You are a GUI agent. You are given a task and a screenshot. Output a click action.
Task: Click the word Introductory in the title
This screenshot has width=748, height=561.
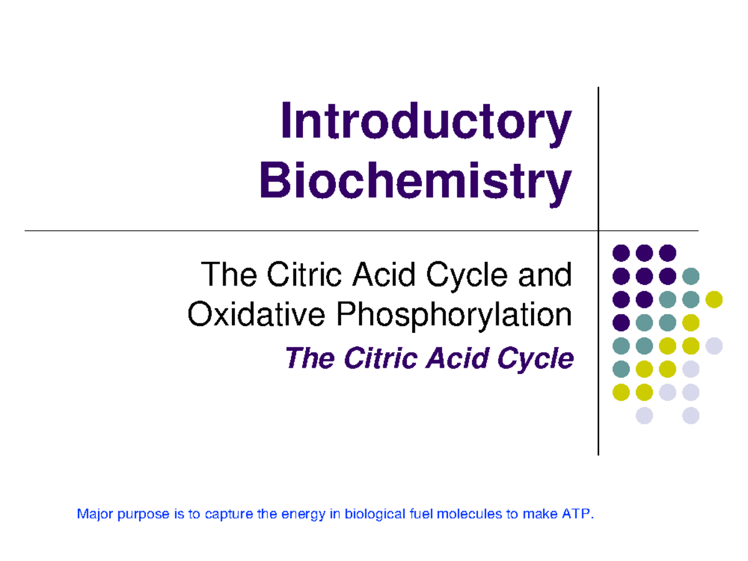425,122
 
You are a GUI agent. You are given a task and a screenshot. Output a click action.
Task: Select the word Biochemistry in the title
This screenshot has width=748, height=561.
415,180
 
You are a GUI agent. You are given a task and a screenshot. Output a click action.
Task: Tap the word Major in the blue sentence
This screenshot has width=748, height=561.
92,514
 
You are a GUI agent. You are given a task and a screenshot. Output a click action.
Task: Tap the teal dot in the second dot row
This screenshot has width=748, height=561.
691,276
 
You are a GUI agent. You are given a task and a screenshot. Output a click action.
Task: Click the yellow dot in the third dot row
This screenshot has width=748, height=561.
714,299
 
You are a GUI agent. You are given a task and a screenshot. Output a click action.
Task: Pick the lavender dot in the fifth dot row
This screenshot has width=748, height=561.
714,346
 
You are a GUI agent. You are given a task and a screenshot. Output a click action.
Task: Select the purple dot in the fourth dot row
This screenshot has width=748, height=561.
621,322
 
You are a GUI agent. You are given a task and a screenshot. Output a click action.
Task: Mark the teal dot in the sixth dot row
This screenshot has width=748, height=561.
621,369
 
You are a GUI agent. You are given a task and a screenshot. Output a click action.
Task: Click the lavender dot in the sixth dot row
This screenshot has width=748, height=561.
691,369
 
